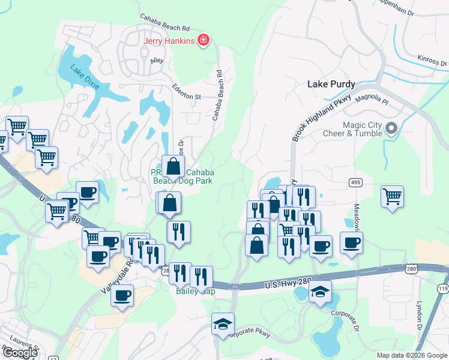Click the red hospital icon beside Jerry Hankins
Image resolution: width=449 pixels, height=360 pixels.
(205, 40)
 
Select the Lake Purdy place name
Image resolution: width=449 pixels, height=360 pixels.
(331, 84)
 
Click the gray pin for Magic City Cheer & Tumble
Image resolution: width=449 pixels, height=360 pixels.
(391, 128)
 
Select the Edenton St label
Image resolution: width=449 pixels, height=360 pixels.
(187, 92)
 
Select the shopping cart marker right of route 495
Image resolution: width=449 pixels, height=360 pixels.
(392, 196)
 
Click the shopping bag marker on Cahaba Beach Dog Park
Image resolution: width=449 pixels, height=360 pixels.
(173, 167)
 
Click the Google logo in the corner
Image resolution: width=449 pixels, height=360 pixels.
(20, 353)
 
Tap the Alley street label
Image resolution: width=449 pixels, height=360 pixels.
(157, 60)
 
